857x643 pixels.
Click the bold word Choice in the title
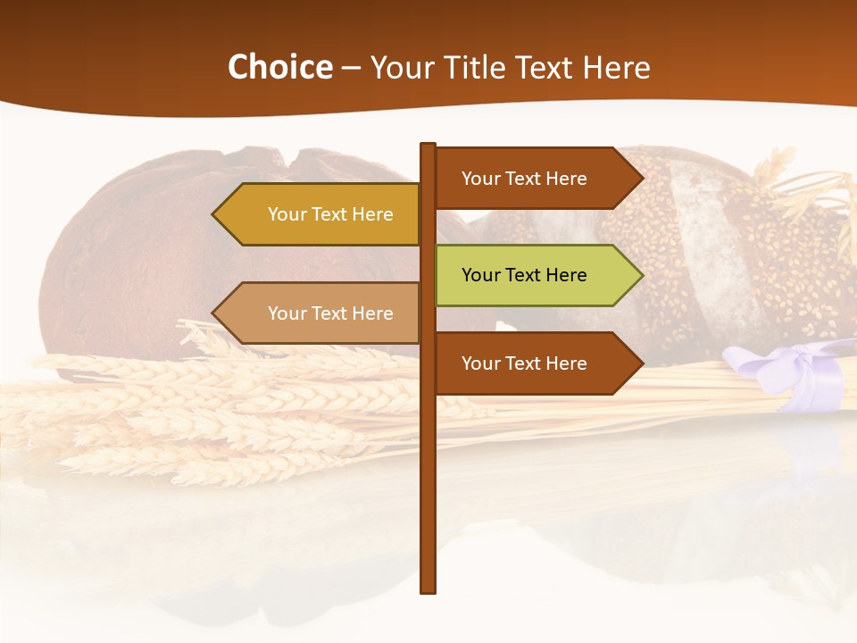279,67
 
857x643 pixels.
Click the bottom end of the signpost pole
428,589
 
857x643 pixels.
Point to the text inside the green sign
524,275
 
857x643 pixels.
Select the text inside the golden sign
330,214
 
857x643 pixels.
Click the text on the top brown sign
524,178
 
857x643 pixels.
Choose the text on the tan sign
330,313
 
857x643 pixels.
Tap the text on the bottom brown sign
524,363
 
